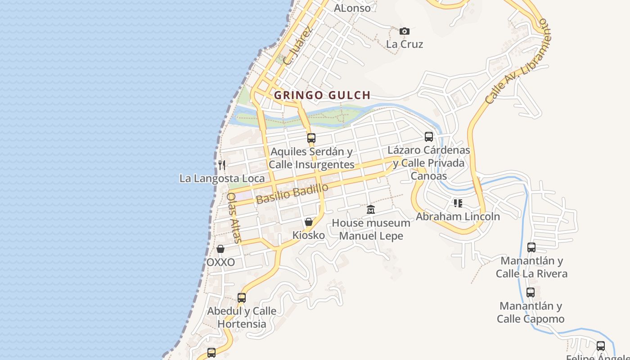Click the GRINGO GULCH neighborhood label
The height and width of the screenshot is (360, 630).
[322, 95]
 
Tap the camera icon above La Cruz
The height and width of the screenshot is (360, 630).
[405, 31]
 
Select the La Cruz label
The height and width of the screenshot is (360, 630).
[405, 44]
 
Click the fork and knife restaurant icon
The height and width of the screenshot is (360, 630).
[221, 165]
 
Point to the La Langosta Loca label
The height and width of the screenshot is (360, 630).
[222, 179]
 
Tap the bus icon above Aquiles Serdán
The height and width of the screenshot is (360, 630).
[311, 138]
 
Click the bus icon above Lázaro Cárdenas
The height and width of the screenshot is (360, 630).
[429, 137]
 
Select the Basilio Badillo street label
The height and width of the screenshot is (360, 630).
[292, 194]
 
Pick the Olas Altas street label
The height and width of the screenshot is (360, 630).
[234, 217]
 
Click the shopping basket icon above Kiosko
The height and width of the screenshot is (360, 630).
[309, 222]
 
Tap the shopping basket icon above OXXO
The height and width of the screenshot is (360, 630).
[220, 249]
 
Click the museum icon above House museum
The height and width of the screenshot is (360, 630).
[371, 209]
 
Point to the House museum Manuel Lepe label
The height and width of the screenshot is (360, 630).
[371, 229]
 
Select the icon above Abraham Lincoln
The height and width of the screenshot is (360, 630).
[458, 203]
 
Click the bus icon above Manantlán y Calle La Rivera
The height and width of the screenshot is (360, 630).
[531, 247]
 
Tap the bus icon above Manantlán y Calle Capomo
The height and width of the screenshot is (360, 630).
[531, 292]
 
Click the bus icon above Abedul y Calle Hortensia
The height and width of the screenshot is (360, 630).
[242, 297]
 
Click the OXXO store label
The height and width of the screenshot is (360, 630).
[220, 262]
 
